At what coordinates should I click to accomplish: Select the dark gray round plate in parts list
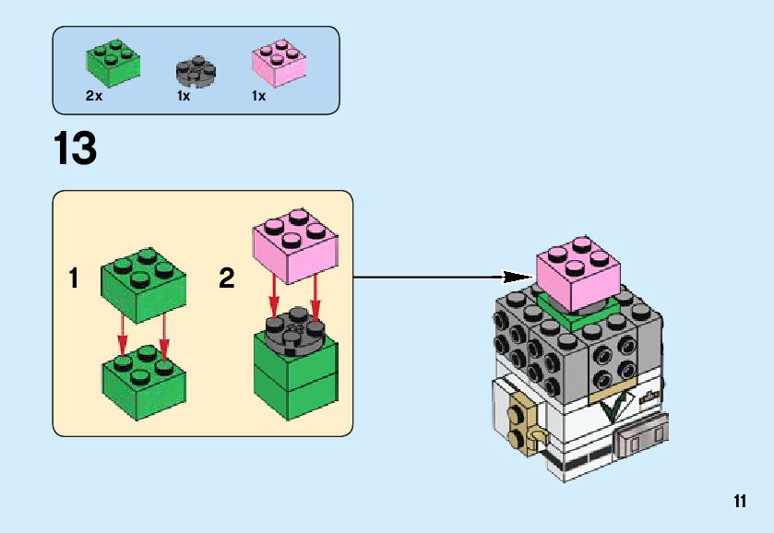(x=195, y=71)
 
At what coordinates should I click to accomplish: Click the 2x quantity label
(x=94, y=96)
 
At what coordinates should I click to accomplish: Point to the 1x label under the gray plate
(x=184, y=96)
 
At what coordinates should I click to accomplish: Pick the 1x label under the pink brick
(x=259, y=96)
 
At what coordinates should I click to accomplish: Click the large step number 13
(x=76, y=148)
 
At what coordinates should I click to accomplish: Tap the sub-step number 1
(x=75, y=278)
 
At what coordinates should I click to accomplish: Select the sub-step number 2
(x=227, y=278)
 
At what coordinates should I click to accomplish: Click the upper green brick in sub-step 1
(x=141, y=281)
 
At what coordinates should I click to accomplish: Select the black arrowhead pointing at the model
(x=518, y=275)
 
